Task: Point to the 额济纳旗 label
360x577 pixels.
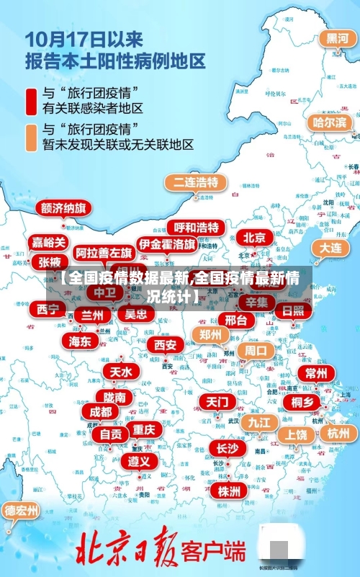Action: [x=64, y=208]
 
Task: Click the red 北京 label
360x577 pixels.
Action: [x=254, y=237]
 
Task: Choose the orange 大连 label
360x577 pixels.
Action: [x=330, y=247]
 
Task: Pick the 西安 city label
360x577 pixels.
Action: [x=166, y=345]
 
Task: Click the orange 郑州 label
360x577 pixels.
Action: [x=210, y=334]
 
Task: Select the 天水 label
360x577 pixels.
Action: [x=120, y=372]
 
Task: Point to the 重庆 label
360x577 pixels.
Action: [x=143, y=429]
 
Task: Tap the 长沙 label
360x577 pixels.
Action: [x=227, y=448]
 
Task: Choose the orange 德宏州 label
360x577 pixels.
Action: [x=22, y=511]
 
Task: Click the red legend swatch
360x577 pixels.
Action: [x=32, y=101]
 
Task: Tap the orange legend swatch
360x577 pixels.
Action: [x=32, y=137]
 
